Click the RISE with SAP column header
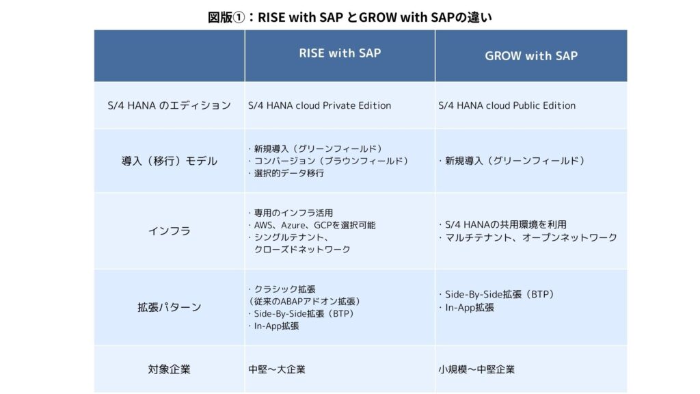click(340, 53)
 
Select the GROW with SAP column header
click(531, 56)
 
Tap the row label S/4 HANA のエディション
click(170, 105)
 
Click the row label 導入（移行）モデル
click(170, 161)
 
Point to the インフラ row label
click(170, 231)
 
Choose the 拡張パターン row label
click(170, 307)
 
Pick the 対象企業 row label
click(170, 369)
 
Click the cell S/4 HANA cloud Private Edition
click(320, 105)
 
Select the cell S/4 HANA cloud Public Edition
click(507, 105)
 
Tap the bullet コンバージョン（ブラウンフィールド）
click(328, 161)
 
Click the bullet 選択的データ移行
click(286, 173)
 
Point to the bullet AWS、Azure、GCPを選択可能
click(312, 225)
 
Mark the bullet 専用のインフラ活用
click(291, 213)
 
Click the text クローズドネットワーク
click(302, 249)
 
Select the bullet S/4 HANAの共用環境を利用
click(502, 224)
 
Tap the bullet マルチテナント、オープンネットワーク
click(528, 237)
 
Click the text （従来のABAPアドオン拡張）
click(304, 302)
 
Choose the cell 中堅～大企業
click(277, 369)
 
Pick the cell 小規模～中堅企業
click(476, 369)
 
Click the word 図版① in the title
click(227, 17)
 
